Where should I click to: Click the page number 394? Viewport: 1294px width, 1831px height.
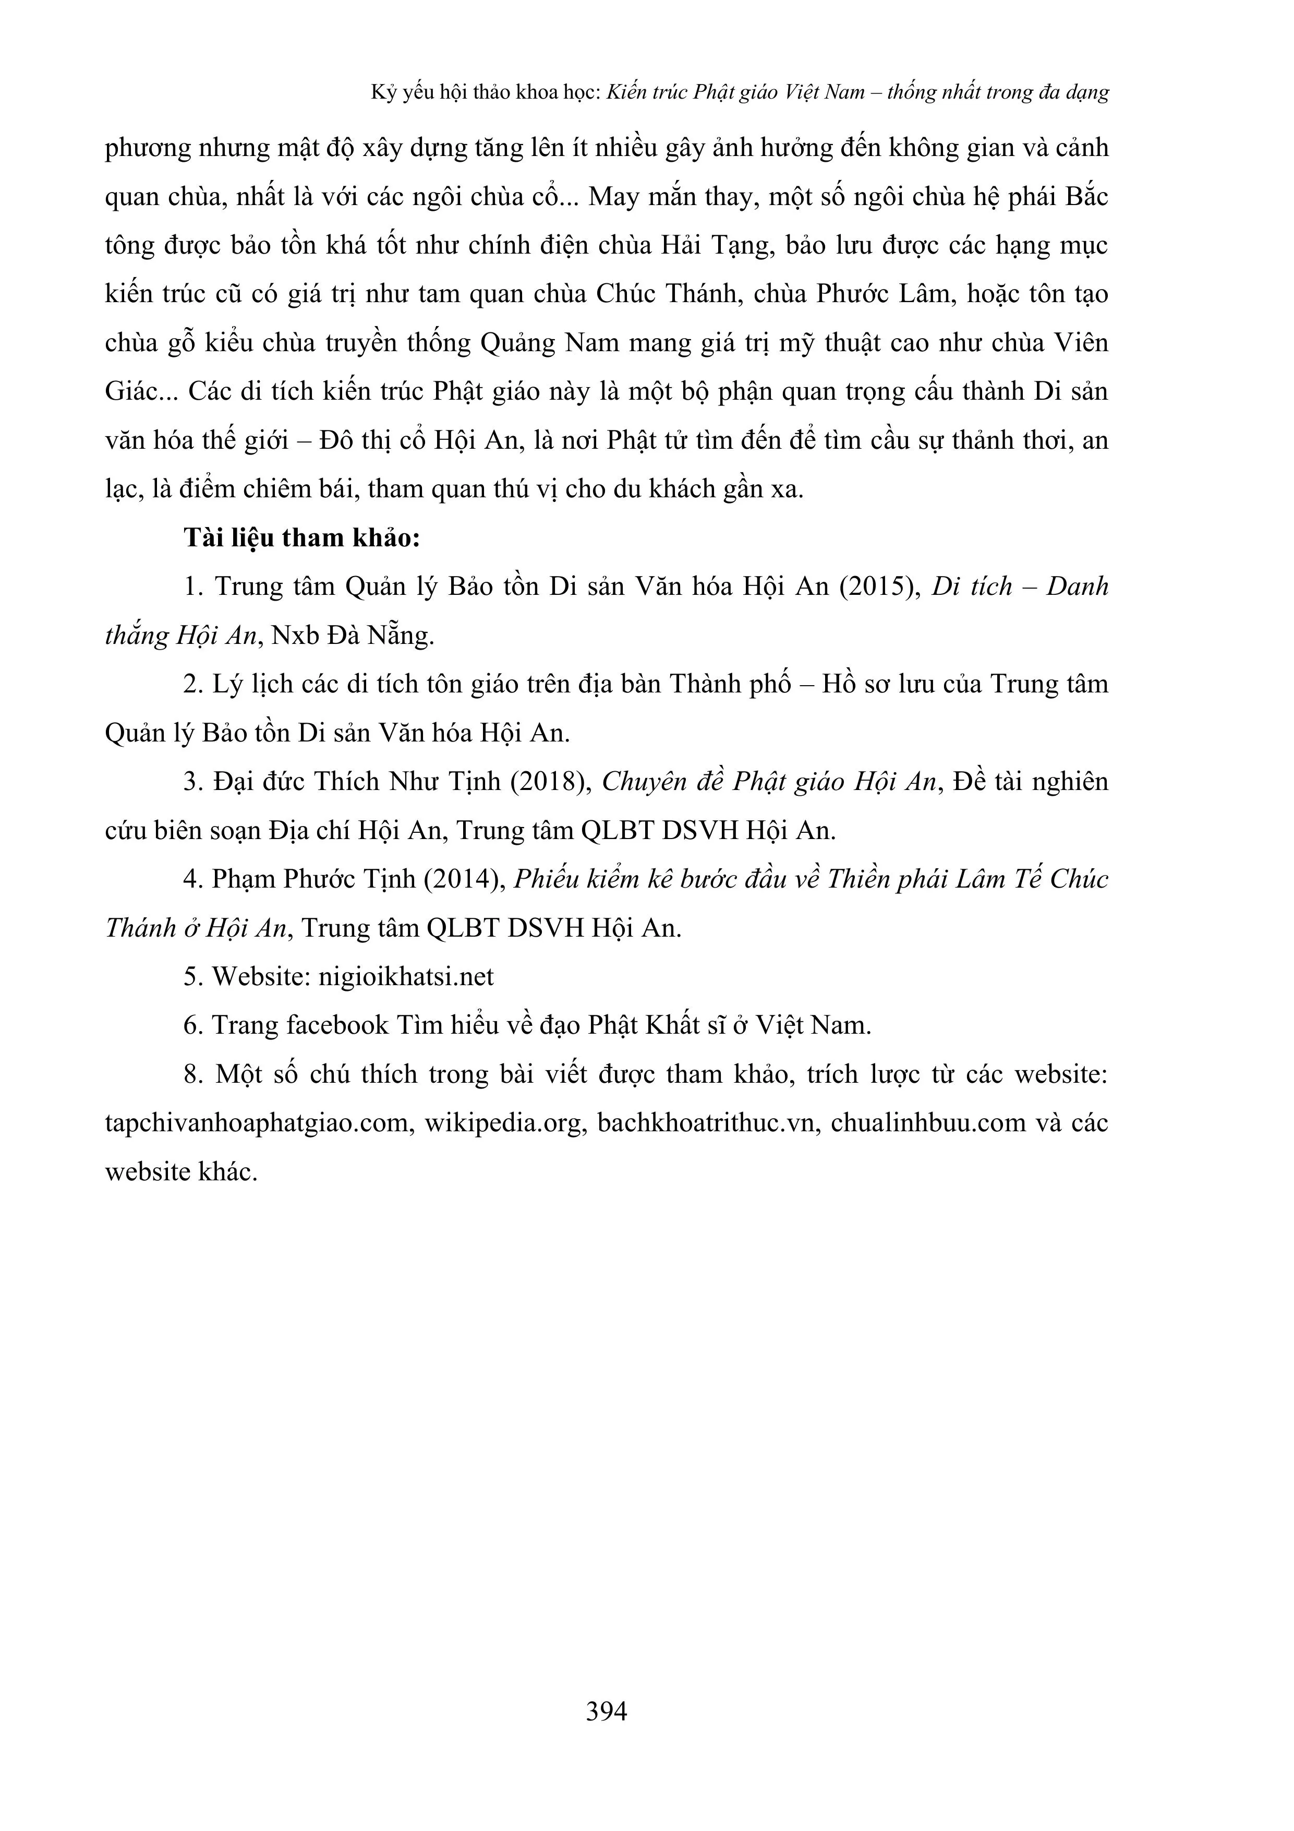606,1710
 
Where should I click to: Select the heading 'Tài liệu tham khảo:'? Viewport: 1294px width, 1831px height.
301,538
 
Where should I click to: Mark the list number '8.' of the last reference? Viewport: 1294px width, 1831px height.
194,1074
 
